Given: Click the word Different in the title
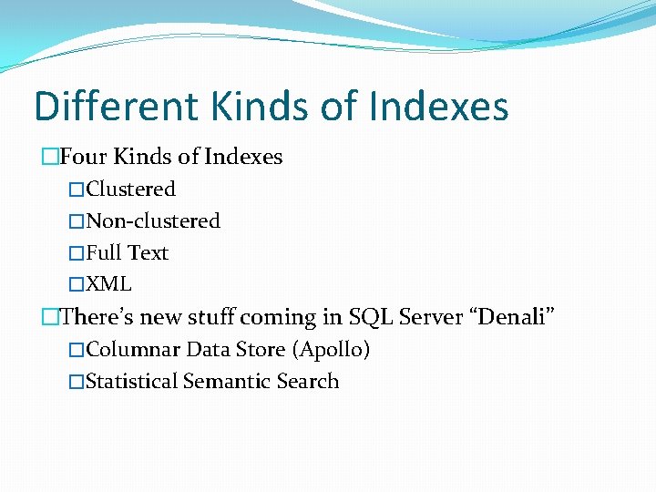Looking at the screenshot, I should click(x=117, y=107).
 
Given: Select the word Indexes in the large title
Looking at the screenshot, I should click(x=439, y=107).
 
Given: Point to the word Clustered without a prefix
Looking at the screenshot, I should click(x=131, y=190).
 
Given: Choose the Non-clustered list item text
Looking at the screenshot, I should click(x=153, y=221).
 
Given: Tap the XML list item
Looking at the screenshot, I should click(x=109, y=284).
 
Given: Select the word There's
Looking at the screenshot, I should click(x=98, y=317).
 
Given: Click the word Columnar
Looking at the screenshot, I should click(x=133, y=350).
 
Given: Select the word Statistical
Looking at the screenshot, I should click(x=132, y=382).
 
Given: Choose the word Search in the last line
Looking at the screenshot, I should click(x=307, y=382).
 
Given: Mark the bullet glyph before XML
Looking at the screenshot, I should click(x=77, y=284).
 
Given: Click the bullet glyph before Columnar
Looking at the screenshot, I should click(x=77, y=350).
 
